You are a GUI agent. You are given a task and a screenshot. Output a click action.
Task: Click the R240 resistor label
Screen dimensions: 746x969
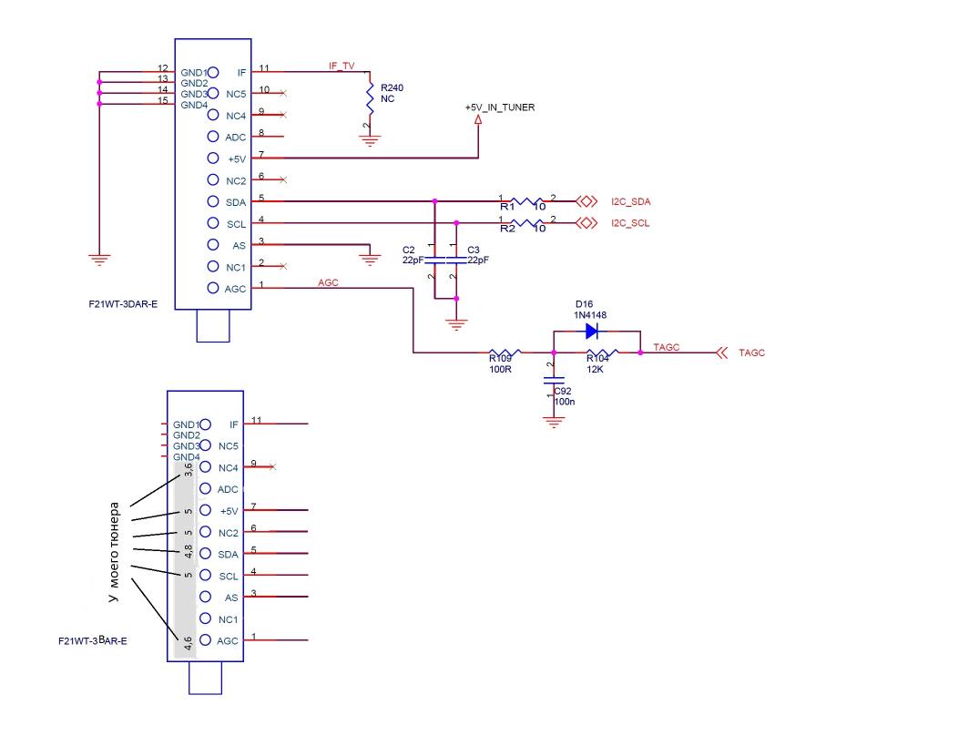[x=392, y=87]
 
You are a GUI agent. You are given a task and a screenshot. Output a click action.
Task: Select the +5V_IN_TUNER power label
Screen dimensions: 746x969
[x=499, y=107]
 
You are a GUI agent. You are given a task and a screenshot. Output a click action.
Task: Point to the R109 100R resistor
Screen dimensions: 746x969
[x=505, y=353]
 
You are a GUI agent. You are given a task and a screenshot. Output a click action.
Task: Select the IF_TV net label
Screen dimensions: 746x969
[x=342, y=66]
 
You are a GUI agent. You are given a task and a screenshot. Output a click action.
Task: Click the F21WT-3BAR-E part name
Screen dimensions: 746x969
[x=92, y=641]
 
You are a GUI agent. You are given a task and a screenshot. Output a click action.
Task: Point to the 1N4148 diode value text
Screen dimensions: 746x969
[x=590, y=315]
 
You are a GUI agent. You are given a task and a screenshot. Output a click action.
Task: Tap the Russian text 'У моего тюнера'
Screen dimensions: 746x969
[x=114, y=551]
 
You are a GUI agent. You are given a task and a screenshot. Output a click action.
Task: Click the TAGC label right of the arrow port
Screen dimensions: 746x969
[x=752, y=353]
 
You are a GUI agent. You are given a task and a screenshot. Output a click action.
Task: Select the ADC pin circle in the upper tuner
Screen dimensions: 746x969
[x=213, y=138]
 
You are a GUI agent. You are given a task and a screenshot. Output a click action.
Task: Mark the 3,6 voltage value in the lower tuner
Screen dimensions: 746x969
[x=188, y=470]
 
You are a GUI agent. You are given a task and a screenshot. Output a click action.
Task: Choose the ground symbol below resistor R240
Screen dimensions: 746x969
[x=370, y=140]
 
